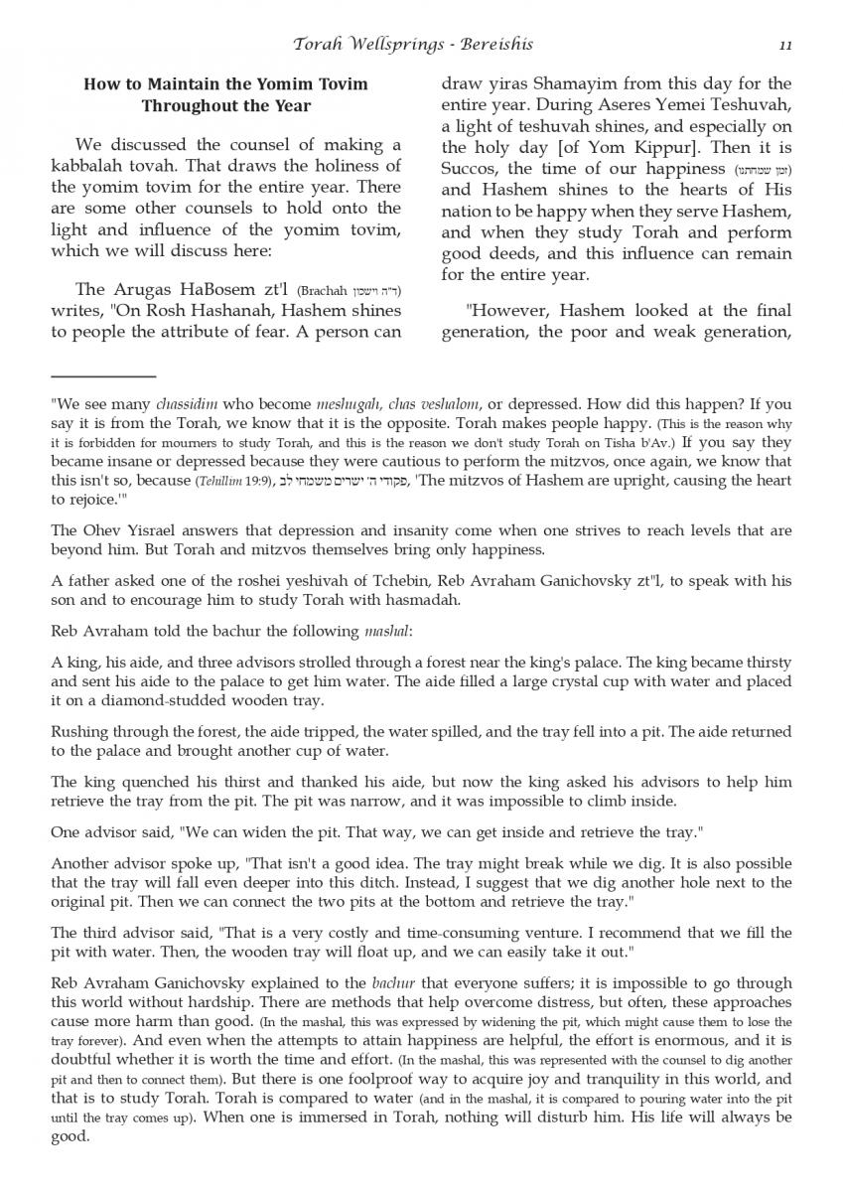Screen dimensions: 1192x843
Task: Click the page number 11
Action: [784, 45]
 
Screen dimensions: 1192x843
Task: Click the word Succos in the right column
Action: [469, 168]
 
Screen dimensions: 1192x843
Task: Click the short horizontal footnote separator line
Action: [103, 376]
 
